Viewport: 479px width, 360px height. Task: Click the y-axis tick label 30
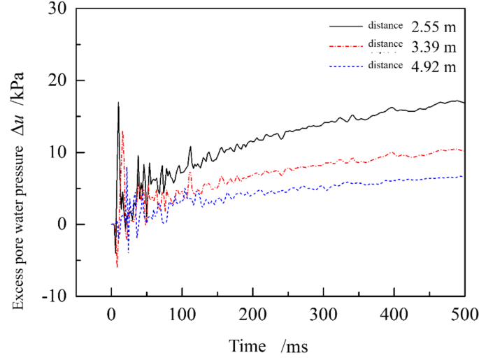[x=57, y=10]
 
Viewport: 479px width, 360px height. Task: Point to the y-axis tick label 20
[x=57, y=82]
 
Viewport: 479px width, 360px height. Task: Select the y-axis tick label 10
[x=57, y=153]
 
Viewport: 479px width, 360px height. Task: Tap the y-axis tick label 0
[x=61, y=225]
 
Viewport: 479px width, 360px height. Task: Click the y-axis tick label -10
[x=53, y=296]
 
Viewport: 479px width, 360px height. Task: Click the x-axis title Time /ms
[x=268, y=345]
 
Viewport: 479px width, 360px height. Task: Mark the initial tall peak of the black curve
[x=118, y=103]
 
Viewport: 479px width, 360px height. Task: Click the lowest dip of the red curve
[x=117, y=266]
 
